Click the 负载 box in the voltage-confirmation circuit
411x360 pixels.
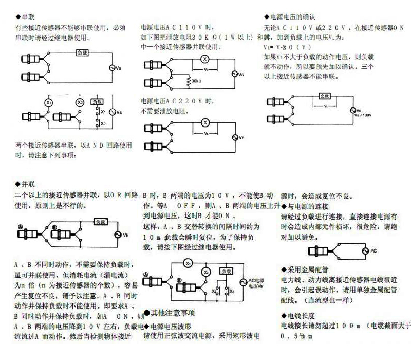324,96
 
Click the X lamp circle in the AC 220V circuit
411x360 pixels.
204,122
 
